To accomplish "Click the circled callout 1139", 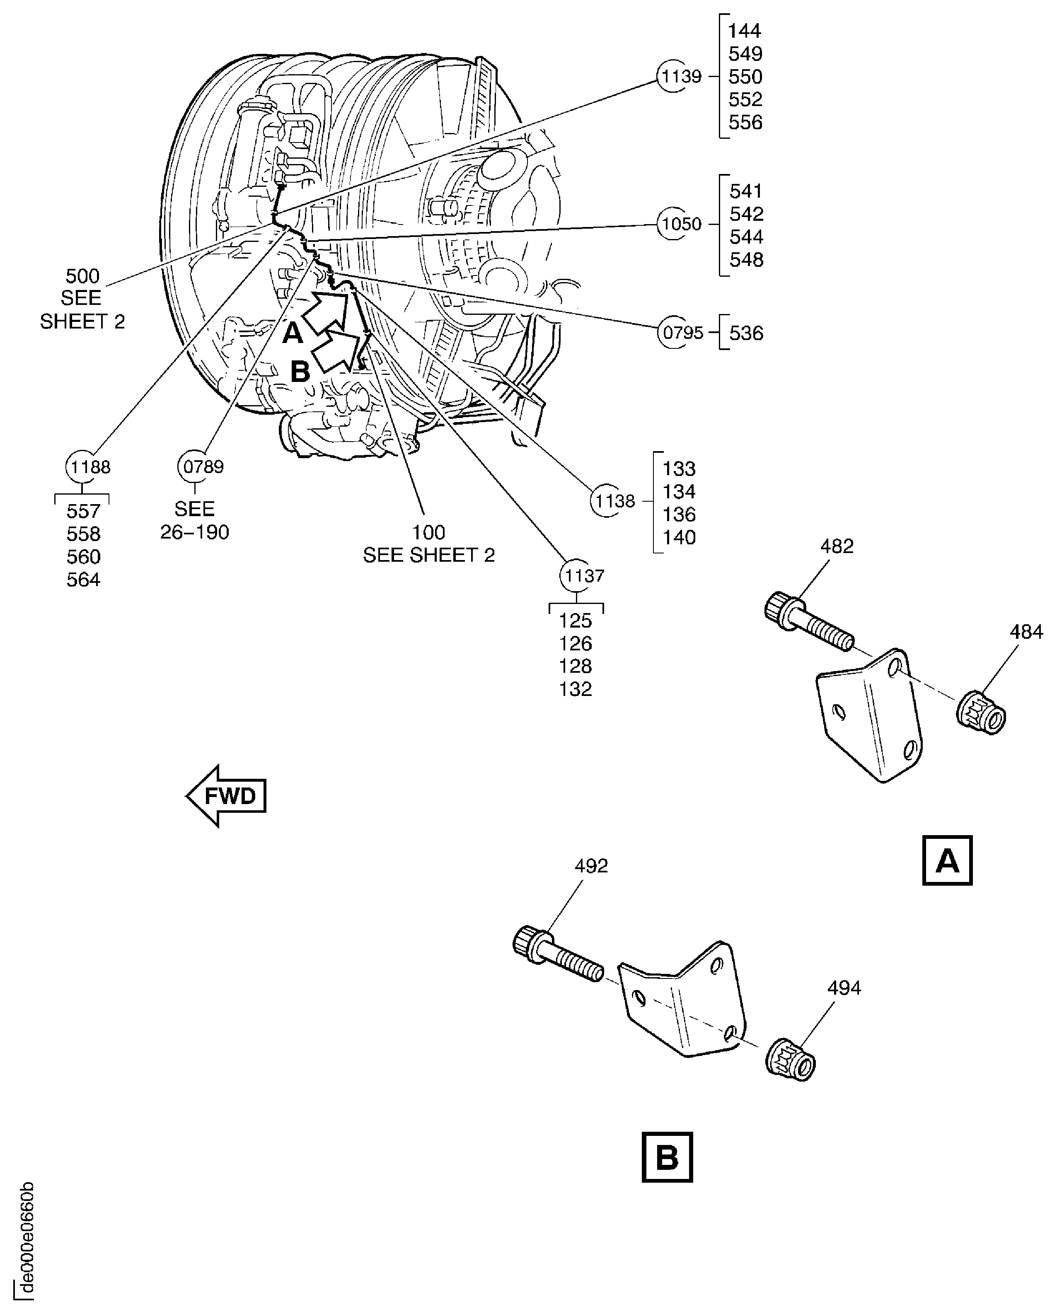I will pos(681,77).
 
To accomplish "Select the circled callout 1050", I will pos(681,224).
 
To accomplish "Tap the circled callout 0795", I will pos(682,333).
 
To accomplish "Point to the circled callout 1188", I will pos(89,467).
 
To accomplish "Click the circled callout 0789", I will pos(202,467).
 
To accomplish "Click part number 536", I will pos(746,333).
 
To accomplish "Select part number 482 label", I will pos(836,546).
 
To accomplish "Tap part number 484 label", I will pos(1026,632).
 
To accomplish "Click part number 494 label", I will pos(844,987).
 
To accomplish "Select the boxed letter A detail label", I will pos(947,860).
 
